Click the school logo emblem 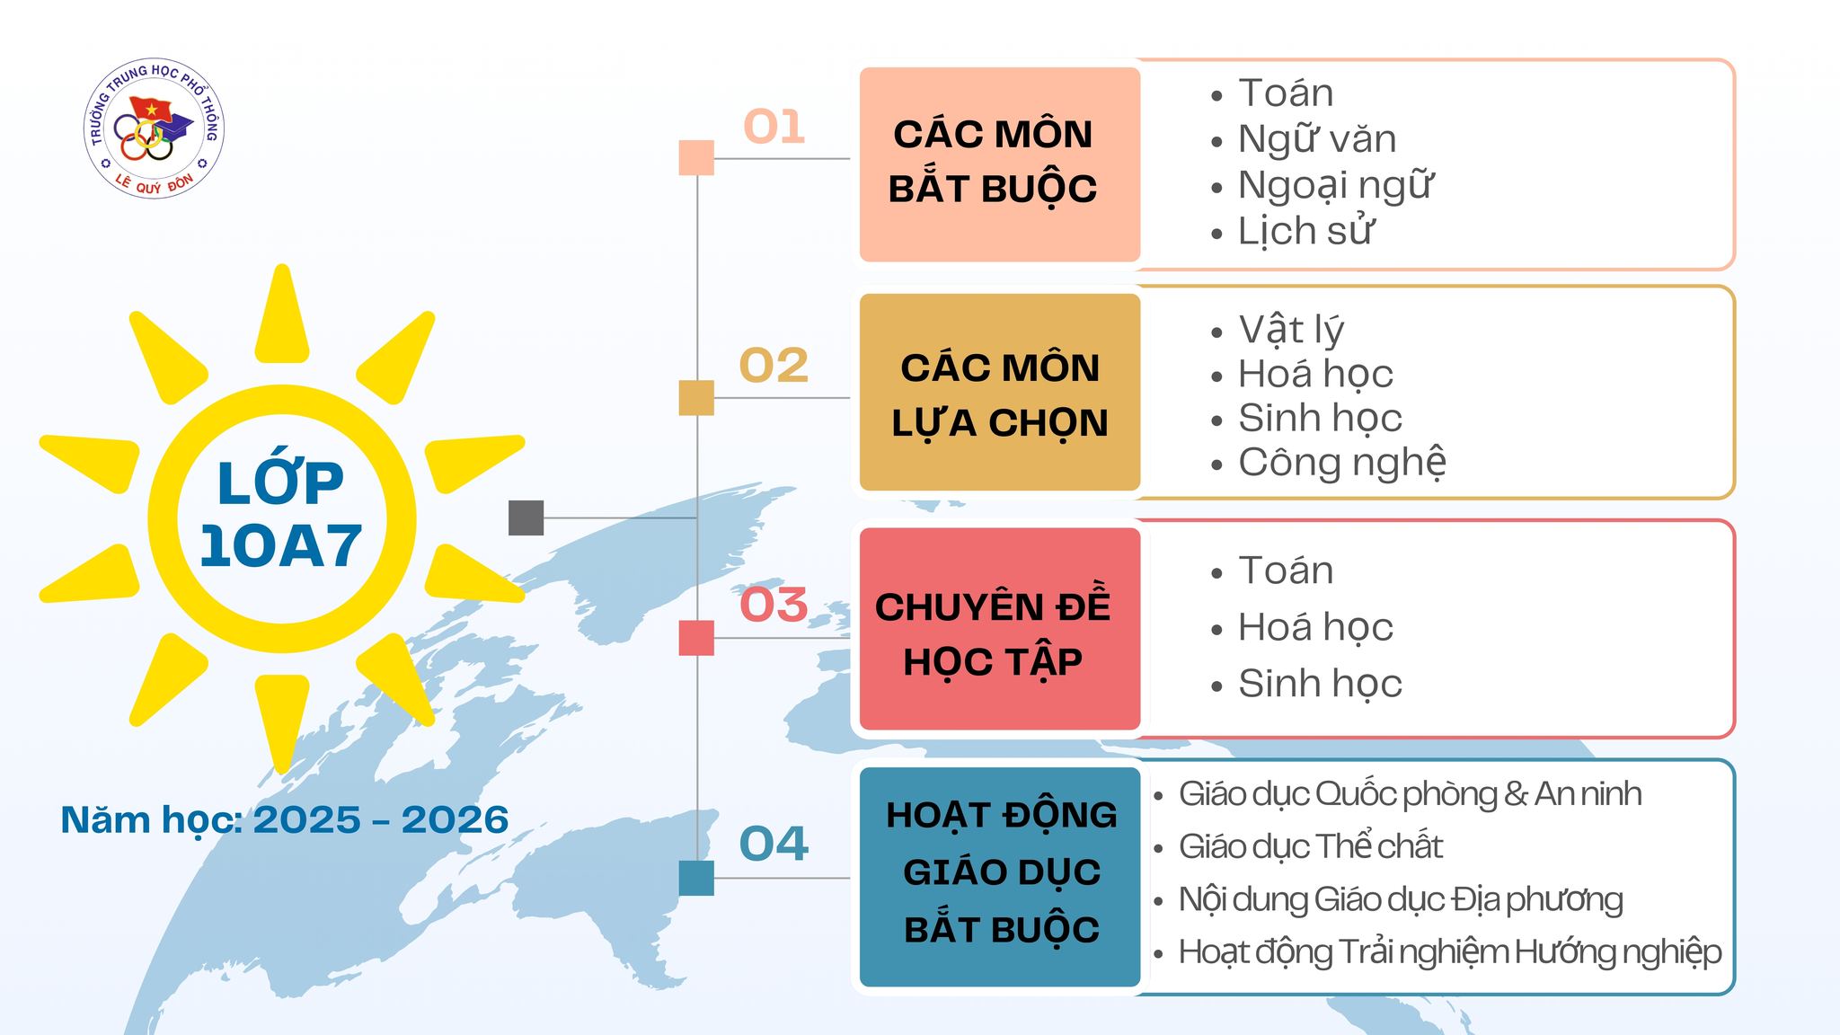(154, 129)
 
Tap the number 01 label (774, 127)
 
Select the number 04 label (774, 844)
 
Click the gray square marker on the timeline (526, 517)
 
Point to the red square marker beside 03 (696, 638)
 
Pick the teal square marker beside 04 (696, 878)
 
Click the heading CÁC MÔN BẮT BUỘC (993, 162)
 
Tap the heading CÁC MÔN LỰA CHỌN (1000, 395)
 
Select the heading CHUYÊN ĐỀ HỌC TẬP (993, 634)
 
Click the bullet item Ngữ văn (1317, 139)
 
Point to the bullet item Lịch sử (1305, 231)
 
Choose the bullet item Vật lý (1291, 330)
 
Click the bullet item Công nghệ (1342, 463)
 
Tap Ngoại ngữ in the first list (1335, 186)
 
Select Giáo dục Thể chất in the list (1311, 846)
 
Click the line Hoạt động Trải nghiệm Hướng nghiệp (1450, 952)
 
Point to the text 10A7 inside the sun (280, 545)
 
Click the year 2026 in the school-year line (455, 819)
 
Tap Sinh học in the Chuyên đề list (1320, 684)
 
